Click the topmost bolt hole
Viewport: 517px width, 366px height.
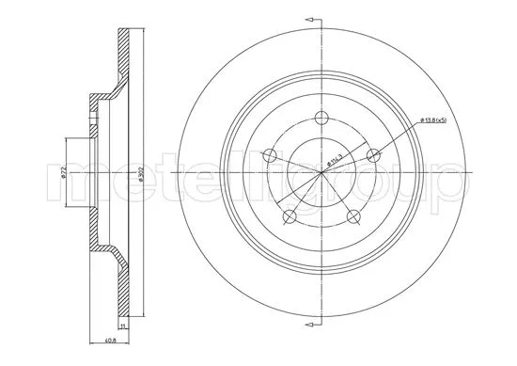[x=321, y=118]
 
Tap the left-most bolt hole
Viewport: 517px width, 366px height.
[x=270, y=156]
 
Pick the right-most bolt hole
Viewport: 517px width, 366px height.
[x=373, y=156]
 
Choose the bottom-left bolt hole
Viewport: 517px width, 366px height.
[x=290, y=216]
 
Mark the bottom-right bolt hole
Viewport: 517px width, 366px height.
[x=353, y=216]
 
